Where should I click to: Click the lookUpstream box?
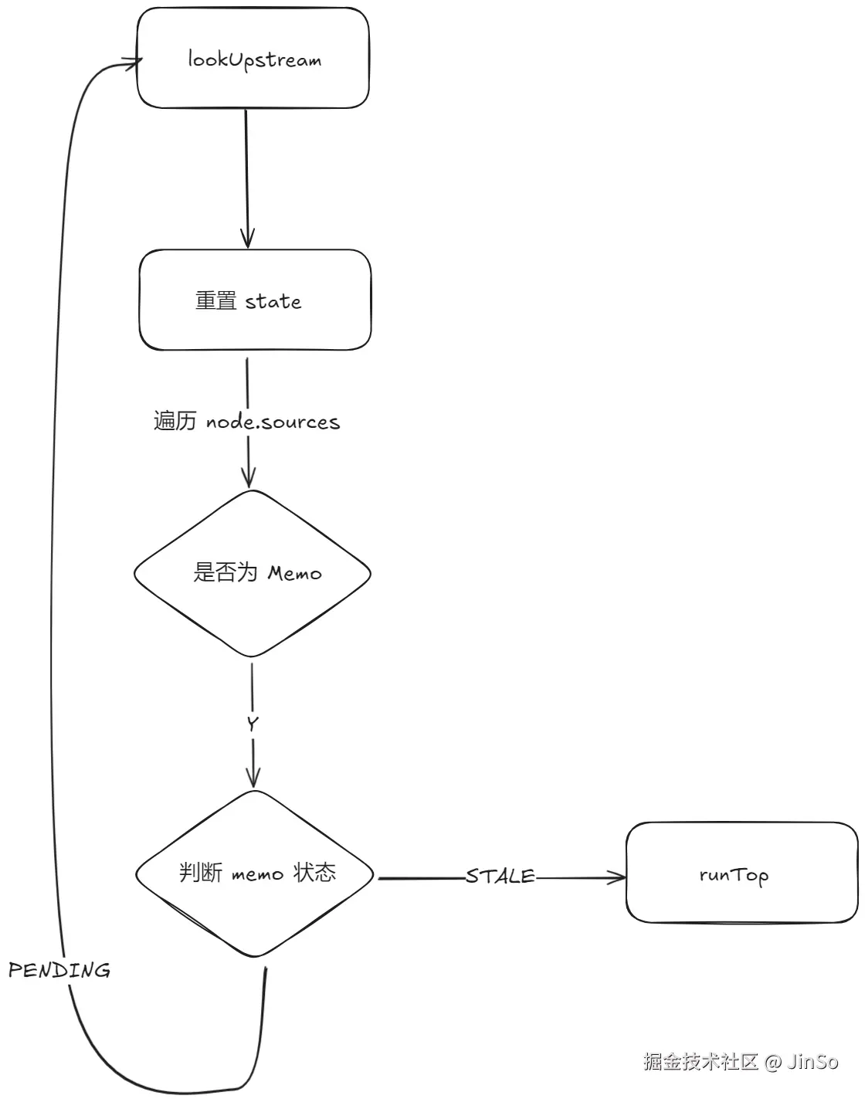tap(253, 59)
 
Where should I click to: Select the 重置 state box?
tap(255, 300)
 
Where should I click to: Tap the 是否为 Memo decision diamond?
tap(253, 573)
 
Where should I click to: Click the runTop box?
tap(741, 873)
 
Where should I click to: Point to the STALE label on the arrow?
tap(500, 877)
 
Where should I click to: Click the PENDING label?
tap(59, 970)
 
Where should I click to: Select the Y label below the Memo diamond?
tap(253, 724)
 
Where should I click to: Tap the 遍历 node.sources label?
tap(246, 422)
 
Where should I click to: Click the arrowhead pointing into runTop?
tap(619, 877)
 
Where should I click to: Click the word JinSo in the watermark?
tap(812, 1062)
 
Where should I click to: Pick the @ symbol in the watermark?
tap(774, 1062)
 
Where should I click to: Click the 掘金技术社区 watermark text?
tap(701, 1062)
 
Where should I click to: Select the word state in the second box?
tap(273, 301)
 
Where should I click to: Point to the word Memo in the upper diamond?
tap(294, 574)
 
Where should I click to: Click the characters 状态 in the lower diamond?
tap(314, 873)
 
